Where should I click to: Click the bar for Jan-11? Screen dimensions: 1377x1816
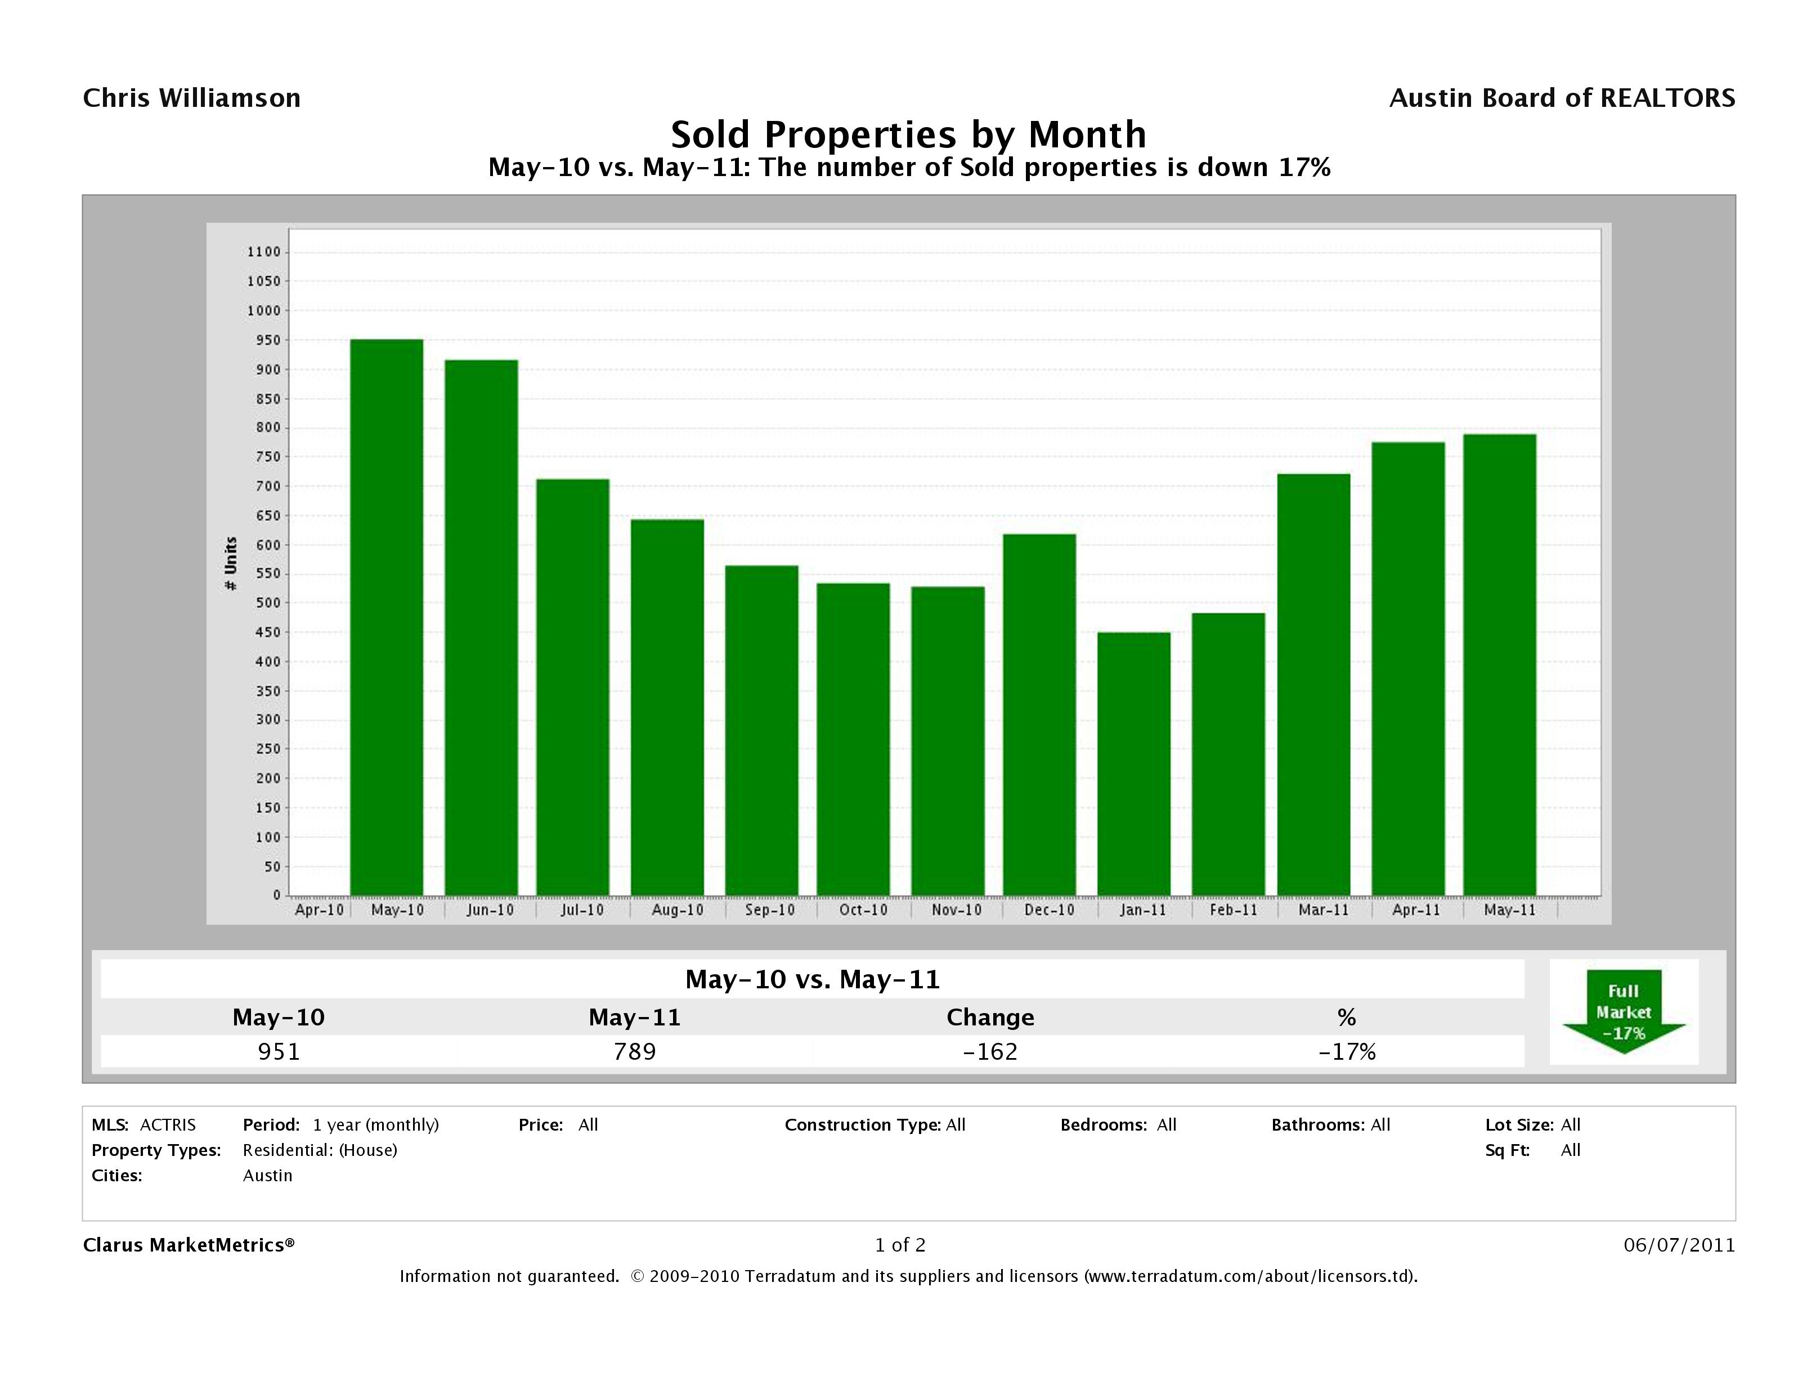tap(1134, 763)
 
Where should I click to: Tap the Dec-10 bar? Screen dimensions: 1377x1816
tap(1039, 714)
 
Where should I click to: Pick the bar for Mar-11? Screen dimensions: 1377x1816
tap(1313, 685)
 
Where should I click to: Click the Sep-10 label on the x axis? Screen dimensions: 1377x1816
tap(769, 910)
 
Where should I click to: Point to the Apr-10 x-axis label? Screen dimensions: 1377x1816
tap(319, 910)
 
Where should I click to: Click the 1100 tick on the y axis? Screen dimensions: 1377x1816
tap(263, 252)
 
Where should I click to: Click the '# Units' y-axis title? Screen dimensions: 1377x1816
tap(231, 564)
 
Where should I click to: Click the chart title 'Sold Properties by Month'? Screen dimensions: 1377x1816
tap(908, 134)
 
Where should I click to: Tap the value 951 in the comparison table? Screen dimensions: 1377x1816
tap(279, 1051)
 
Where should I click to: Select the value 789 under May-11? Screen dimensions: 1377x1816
tap(635, 1051)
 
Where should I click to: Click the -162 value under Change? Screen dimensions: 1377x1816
tap(990, 1051)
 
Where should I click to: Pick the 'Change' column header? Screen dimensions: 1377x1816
tap(990, 1018)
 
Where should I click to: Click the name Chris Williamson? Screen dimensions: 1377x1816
tap(192, 98)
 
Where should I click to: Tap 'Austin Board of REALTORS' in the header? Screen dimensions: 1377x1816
tap(1562, 98)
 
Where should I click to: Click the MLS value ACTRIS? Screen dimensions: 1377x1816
tap(168, 1125)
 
